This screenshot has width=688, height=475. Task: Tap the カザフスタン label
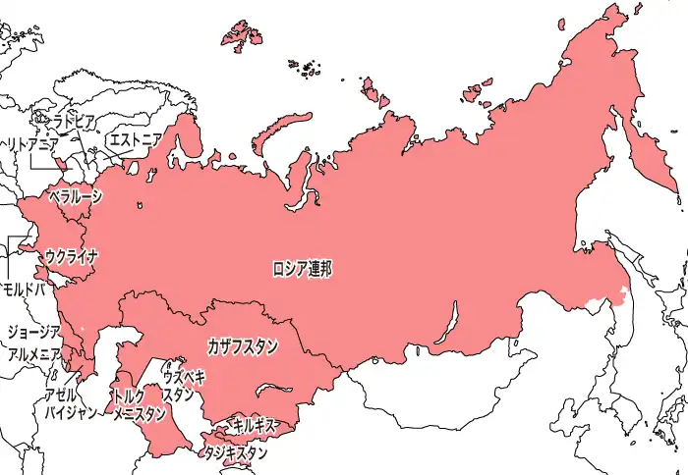point(243,345)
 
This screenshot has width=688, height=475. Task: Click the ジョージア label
point(33,332)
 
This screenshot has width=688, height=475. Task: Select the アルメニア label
point(33,354)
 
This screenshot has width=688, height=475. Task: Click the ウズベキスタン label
point(184,386)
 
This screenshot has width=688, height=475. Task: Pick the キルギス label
point(254,425)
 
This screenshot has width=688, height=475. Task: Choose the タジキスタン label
point(235,452)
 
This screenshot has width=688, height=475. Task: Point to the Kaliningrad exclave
point(57,163)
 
